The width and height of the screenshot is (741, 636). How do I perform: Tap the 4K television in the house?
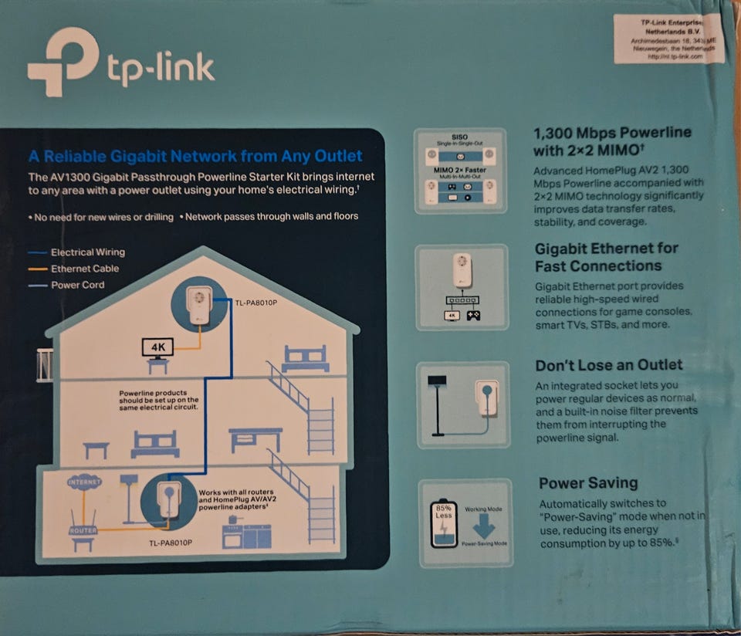pyautogui.click(x=158, y=348)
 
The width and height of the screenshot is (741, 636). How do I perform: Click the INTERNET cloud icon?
pyautogui.click(x=84, y=482)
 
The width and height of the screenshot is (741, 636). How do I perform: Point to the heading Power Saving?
pyautogui.click(x=587, y=483)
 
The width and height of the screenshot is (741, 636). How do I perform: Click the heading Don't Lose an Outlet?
pyautogui.click(x=609, y=365)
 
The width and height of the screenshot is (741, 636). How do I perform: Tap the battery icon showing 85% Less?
pyautogui.click(x=443, y=524)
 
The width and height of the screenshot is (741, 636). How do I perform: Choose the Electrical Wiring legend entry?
pyautogui.click(x=86, y=252)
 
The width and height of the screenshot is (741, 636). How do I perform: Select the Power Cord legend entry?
pyautogui.click(x=77, y=285)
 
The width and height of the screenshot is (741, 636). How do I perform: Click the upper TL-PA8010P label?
pyautogui.click(x=255, y=302)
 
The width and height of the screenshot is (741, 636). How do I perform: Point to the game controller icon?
pyautogui.click(x=473, y=315)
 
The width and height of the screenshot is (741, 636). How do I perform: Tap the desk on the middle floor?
pyautogui.click(x=255, y=438)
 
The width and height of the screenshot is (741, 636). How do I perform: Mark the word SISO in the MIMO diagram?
pyautogui.click(x=460, y=136)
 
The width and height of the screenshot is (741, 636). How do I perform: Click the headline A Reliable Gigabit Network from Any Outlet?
pyautogui.click(x=195, y=157)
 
